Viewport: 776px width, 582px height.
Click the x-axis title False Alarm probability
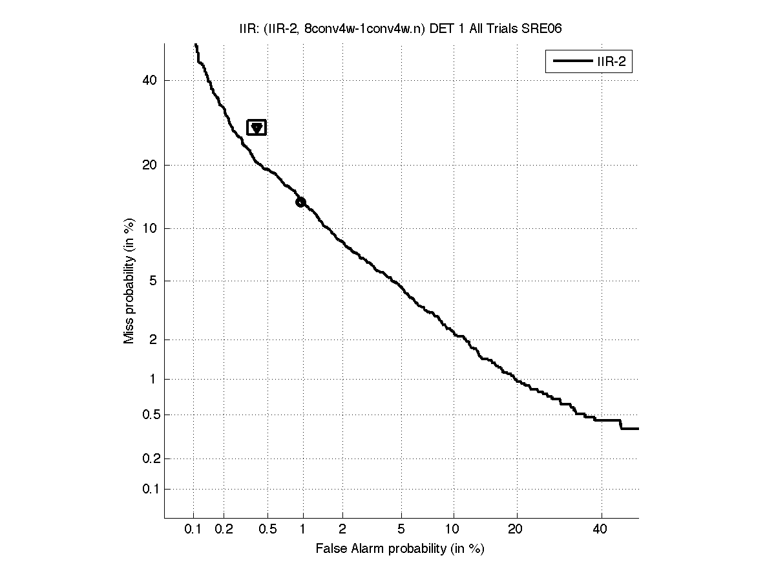coord(400,549)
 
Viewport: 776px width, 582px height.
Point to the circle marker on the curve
coord(300,202)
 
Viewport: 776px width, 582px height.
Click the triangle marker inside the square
coord(257,128)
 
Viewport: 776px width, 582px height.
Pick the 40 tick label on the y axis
coord(150,80)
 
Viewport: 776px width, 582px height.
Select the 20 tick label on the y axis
coord(150,165)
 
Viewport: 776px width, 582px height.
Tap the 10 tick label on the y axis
coord(150,228)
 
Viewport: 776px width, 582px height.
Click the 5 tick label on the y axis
coord(153,281)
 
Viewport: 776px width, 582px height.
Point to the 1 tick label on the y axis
coord(153,379)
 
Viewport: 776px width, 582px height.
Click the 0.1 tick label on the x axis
coord(193,530)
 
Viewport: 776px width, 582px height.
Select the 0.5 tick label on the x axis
coord(267,530)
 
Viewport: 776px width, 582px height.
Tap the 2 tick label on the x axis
coord(342,530)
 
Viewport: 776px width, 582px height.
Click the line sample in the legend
coord(569,61)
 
